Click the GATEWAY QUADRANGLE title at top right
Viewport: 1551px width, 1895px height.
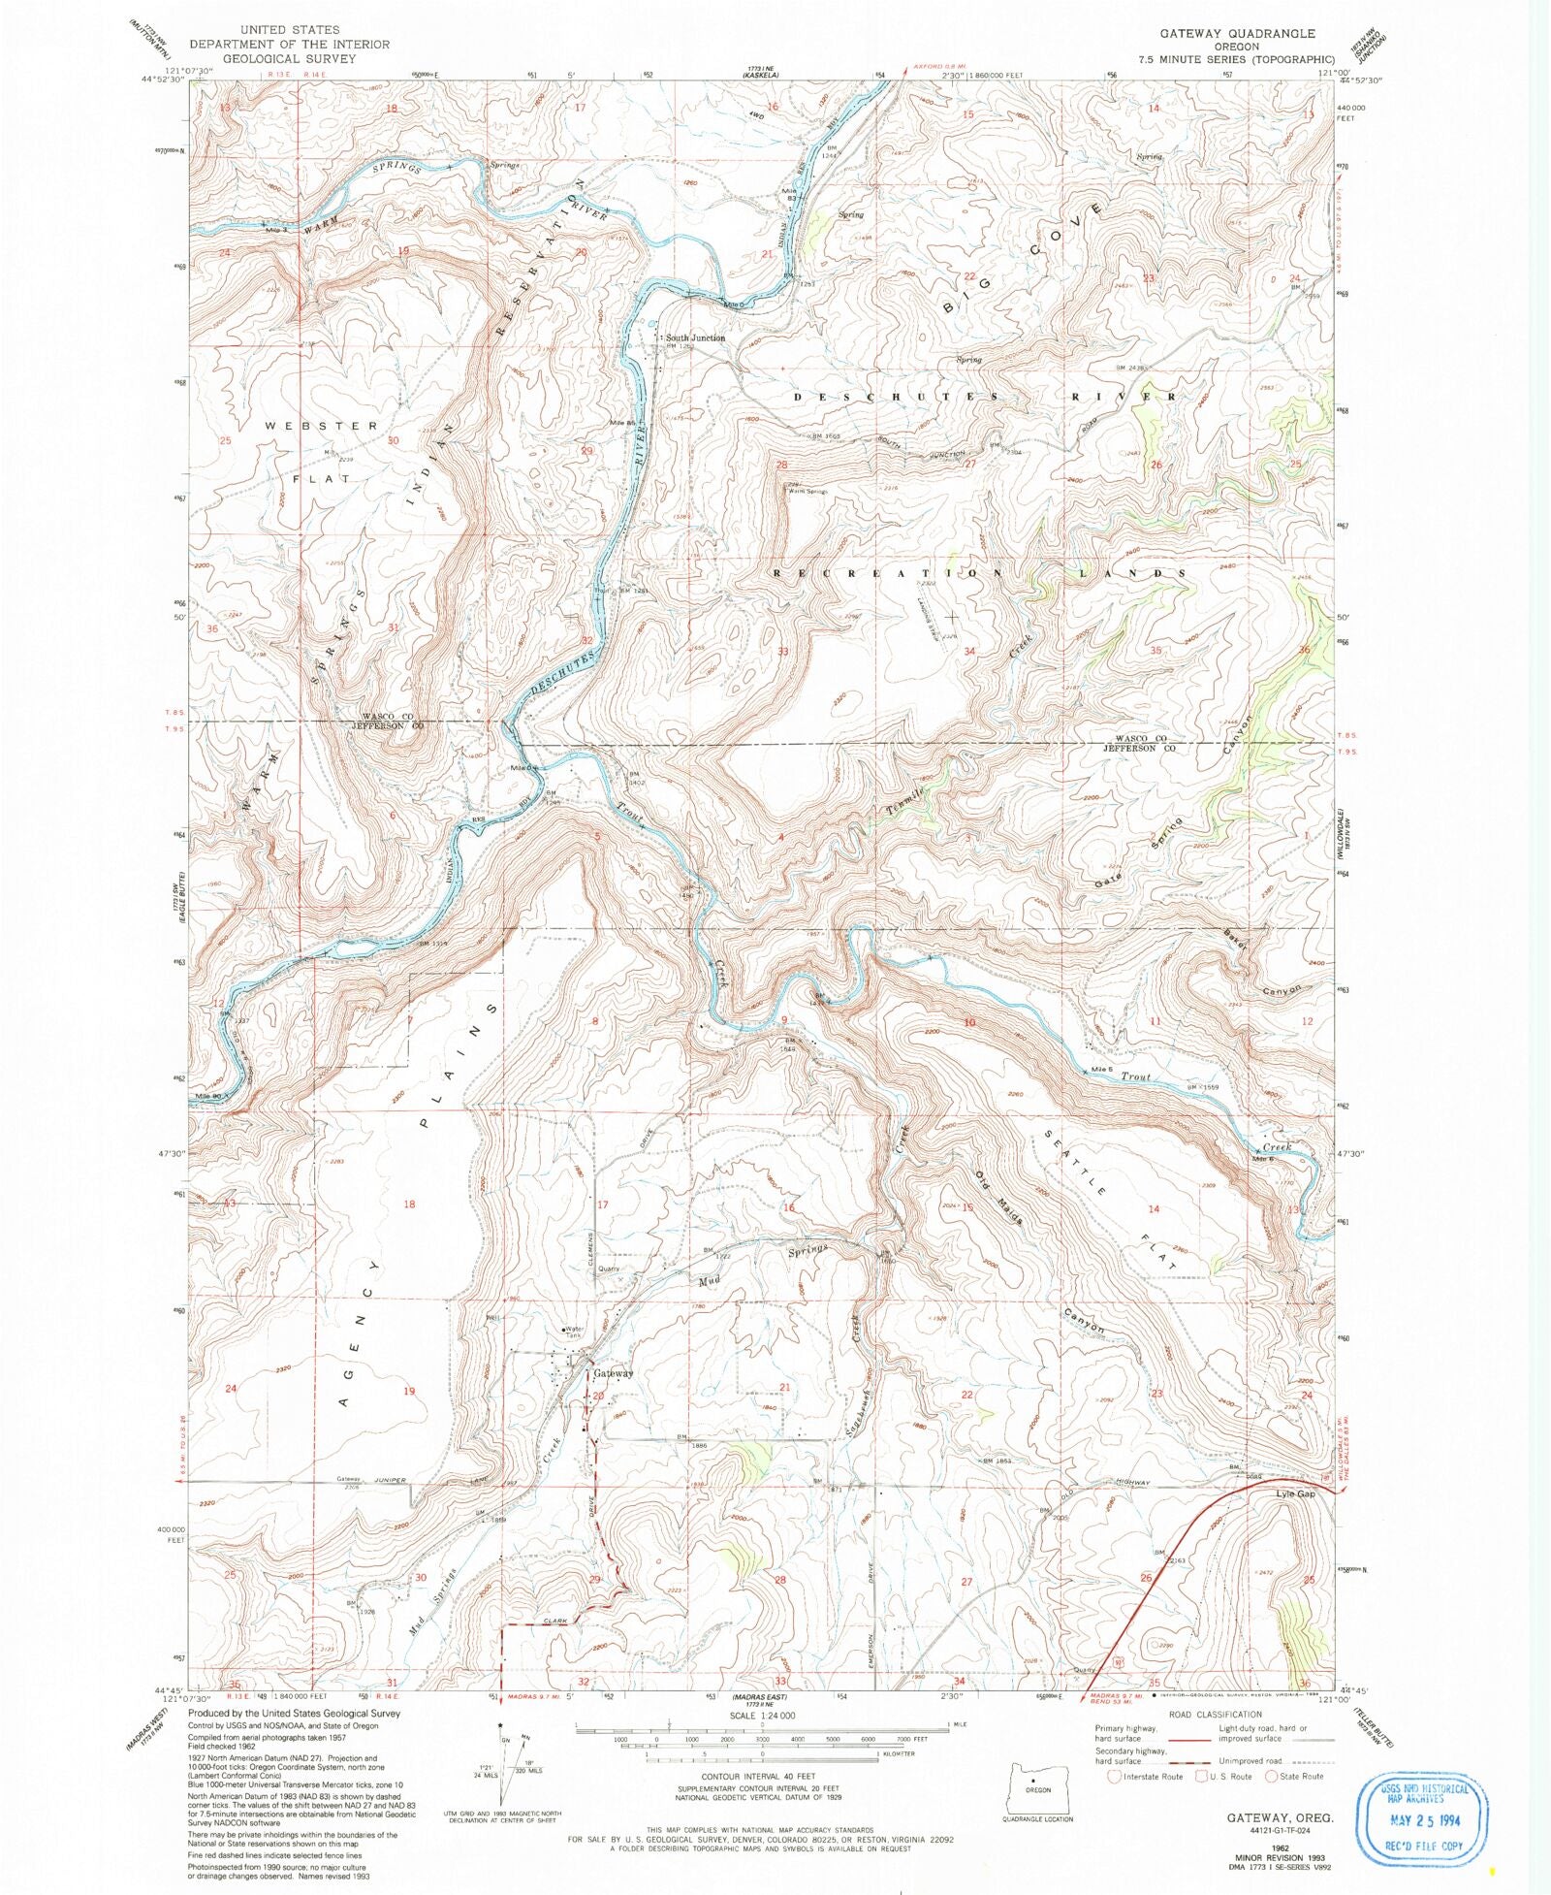(1238, 33)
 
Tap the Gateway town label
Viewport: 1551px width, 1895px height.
(614, 1373)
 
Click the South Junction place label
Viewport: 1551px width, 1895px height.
(694, 338)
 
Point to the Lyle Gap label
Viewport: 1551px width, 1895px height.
(1295, 1494)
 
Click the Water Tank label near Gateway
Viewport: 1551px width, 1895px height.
(574, 1332)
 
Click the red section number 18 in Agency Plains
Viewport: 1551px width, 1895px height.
(409, 1204)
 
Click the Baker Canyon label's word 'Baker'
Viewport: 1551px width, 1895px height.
(1234, 940)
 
